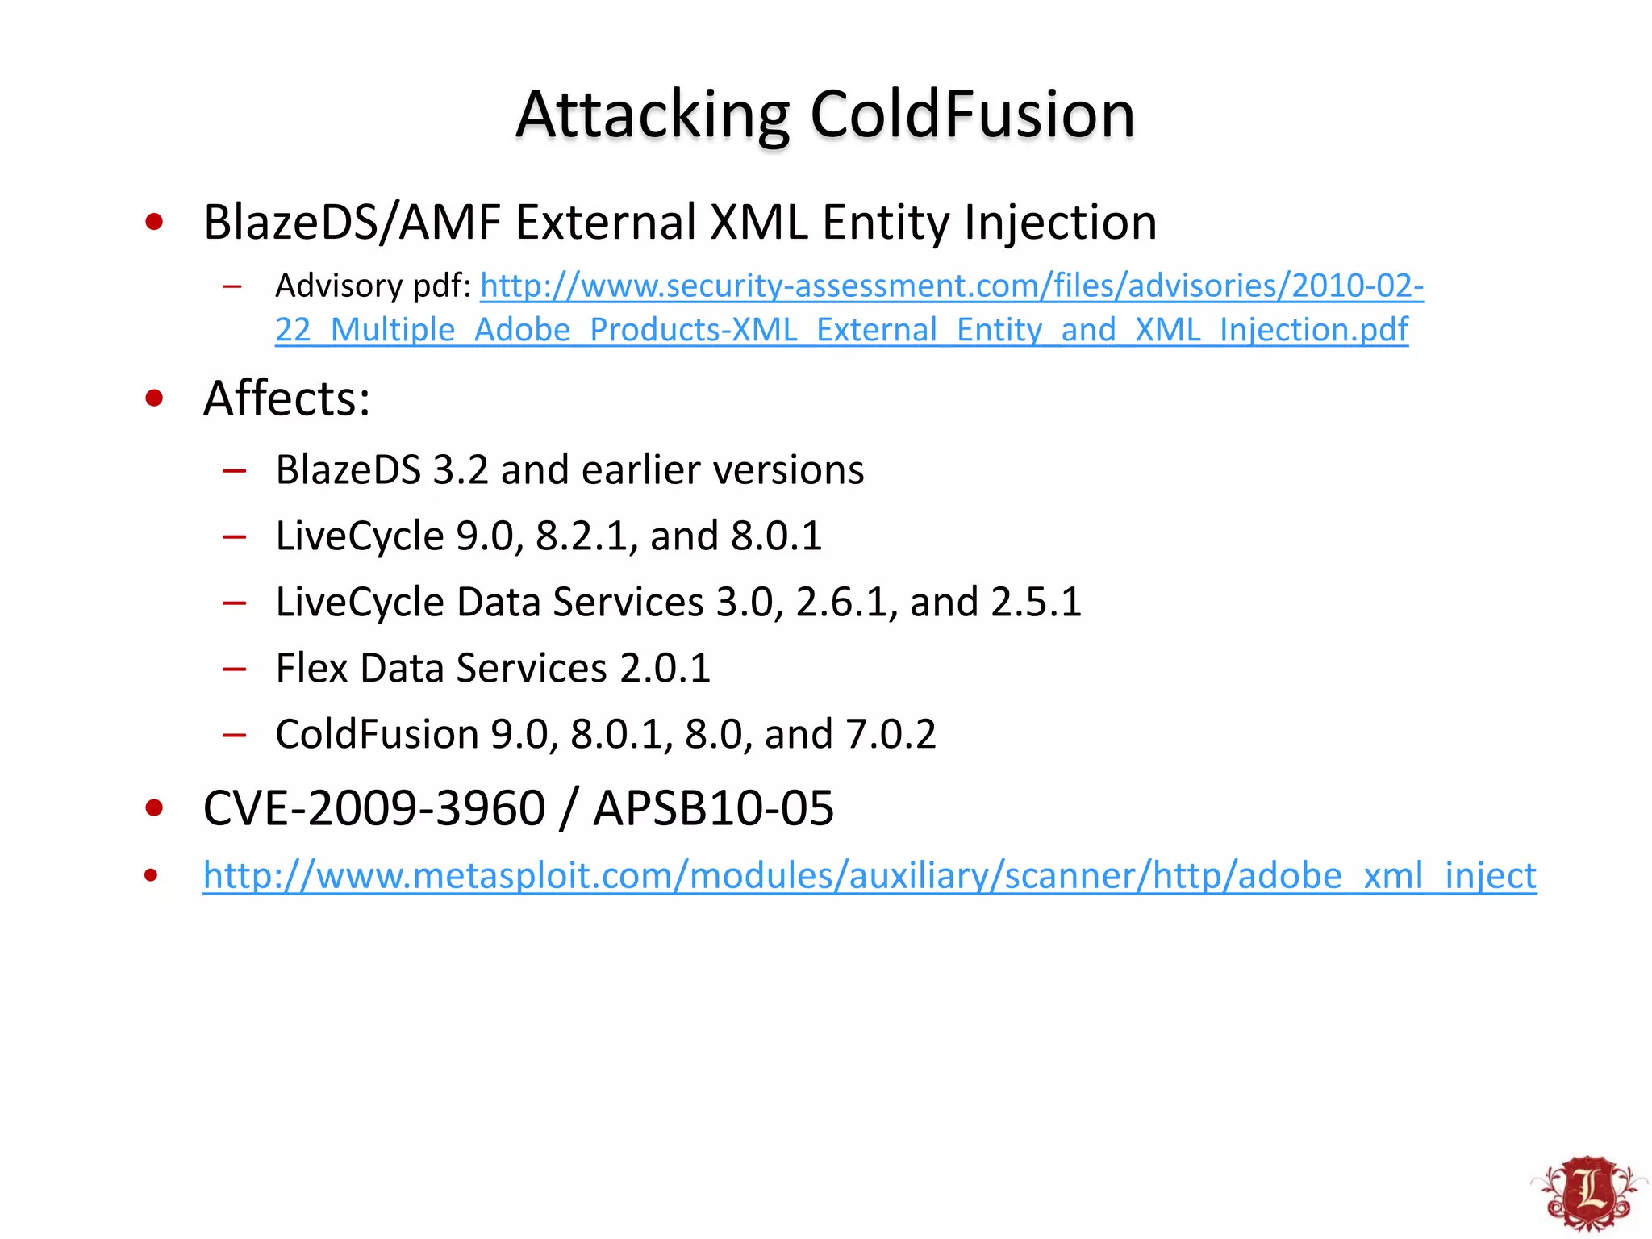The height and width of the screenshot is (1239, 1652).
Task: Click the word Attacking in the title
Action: click(x=652, y=115)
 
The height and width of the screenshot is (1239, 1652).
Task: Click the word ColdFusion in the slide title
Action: click(x=972, y=115)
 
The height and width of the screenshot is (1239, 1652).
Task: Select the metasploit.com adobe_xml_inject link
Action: click(x=870, y=875)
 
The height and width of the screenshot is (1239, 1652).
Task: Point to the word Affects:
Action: click(x=286, y=398)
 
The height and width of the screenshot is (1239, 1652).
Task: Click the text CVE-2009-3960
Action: click(x=374, y=808)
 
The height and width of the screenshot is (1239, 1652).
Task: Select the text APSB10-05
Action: click(x=713, y=808)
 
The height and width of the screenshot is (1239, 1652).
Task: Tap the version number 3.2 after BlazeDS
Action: click(x=461, y=470)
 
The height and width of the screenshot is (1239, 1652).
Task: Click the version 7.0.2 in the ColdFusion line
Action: click(x=891, y=735)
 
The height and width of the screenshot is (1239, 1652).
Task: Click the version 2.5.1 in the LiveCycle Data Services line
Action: click(x=1036, y=603)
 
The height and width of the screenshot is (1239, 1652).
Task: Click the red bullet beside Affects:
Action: click(x=154, y=398)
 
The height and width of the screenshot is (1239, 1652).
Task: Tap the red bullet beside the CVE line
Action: click(x=154, y=808)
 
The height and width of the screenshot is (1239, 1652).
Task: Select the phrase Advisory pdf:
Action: click(x=373, y=286)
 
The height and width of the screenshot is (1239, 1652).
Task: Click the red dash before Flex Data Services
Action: click(x=234, y=669)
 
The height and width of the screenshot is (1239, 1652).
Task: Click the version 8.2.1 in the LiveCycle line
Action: click(x=582, y=536)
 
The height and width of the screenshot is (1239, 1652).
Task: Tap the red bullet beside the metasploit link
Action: click(x=151, y=875)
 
